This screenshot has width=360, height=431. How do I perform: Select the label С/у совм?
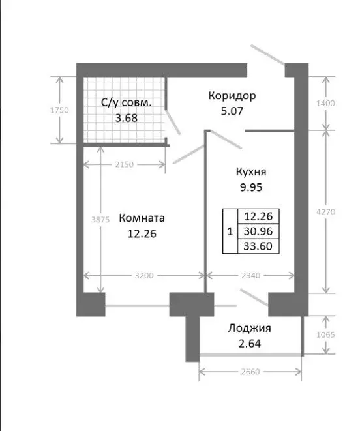click(x=126, y=103)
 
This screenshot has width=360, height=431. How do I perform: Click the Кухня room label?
click(x=251, y=173)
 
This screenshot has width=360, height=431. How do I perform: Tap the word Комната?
click(x=142, y=218)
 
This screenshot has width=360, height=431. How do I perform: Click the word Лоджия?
click(x=250, y=328)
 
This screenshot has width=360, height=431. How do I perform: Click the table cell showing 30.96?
click(x=258, y=231)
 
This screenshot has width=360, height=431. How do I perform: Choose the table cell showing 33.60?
click(x=258, y=246)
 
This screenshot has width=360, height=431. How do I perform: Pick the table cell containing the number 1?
click(x=229, y=231)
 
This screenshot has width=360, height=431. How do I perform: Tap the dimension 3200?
click(x=143, y=276)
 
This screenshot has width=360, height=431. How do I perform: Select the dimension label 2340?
click(x=250, y=276)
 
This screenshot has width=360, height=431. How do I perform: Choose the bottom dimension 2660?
click(x=250, y=372)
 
